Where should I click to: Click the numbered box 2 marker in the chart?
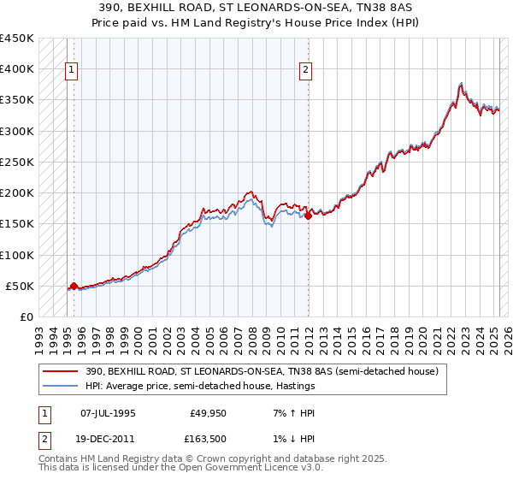tap(305, 71)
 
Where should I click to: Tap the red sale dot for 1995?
tap(74, 286)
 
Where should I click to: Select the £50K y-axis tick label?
tap(20, 286)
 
